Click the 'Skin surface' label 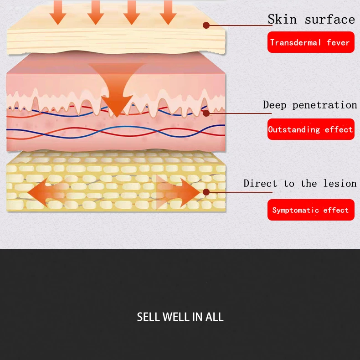[311, 20]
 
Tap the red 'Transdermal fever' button [310, 42]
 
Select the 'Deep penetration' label [310, 105]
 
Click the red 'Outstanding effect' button [310, 129]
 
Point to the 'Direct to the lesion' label [300, 184]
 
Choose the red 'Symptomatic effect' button [310, 210]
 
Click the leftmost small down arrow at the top [58, 12]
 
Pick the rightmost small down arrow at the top [168, 12]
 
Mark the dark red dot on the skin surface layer [206, 26]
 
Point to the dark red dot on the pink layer [206, 113]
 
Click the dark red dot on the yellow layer [206, 192]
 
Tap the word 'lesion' [340, 184]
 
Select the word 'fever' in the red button [338, 42]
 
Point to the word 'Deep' [275, 105]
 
